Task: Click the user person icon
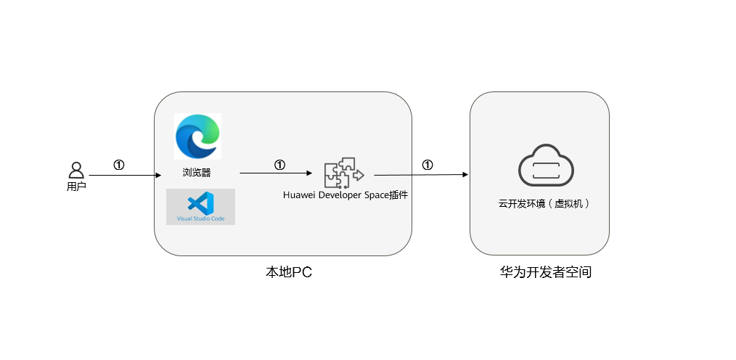(76, 170)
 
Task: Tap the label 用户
(76, 187)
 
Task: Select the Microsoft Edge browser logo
(197, 136)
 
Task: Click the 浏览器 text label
(197, 173)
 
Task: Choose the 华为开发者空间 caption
(540, 273)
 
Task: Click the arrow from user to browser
(124, 175)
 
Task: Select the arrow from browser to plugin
(276, 173)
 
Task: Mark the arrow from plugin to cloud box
(421, 174)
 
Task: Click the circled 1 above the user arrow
(119, 165)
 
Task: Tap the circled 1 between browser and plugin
(279, 165)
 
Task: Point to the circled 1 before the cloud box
(428, 165)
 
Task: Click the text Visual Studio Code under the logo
(200, 218)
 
